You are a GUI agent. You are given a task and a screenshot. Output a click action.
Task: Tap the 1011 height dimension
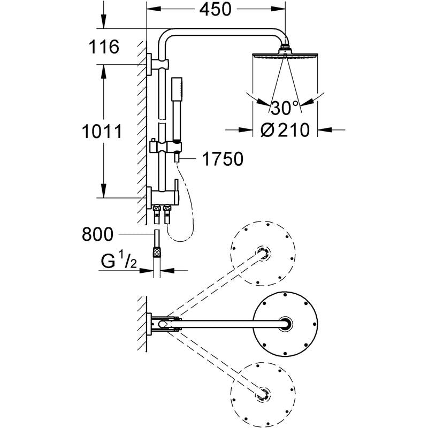tap(102, 131)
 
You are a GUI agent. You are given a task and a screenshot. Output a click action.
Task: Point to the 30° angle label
tap(285, 109)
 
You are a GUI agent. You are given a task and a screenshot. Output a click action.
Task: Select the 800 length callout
tap(98, 234)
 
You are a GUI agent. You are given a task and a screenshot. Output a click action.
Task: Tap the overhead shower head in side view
tap(285, 55)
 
